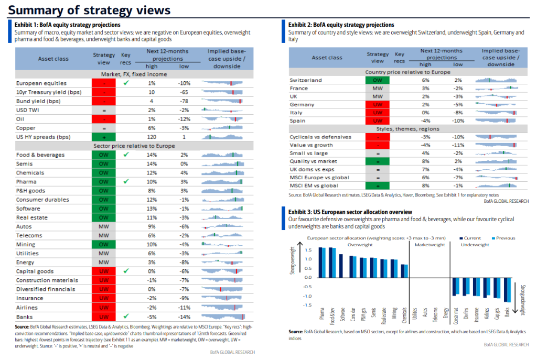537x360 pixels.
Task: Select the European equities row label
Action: click(40, 83)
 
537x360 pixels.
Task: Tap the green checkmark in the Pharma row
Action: click(125, 181)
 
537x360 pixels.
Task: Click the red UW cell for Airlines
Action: click(103, 307)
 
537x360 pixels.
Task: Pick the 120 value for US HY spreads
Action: click(152, 137)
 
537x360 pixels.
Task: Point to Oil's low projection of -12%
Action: click(184, 119)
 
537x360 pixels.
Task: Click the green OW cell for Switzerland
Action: click(378, 80)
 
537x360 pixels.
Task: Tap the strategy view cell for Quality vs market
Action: click(378, 161)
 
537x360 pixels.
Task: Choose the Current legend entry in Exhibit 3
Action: click(471, 237)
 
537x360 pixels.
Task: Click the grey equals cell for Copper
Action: click(103, 128)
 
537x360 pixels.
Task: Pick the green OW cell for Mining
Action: click(103, 244)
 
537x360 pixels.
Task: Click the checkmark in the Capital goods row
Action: click(125, 271)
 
